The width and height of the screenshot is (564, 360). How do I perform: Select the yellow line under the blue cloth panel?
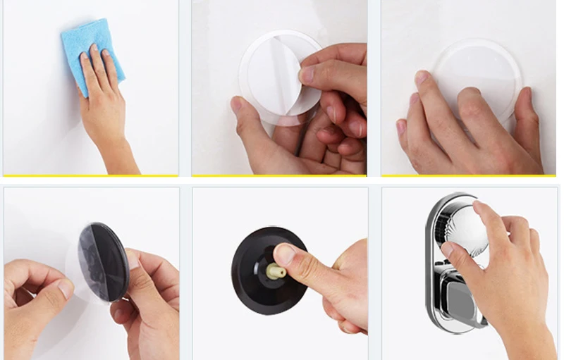click(x=91, y=175)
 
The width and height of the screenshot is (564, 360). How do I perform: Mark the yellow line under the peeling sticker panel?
click(x=279, y=175)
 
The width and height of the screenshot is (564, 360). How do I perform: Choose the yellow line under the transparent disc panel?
click(x=468, y=175)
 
